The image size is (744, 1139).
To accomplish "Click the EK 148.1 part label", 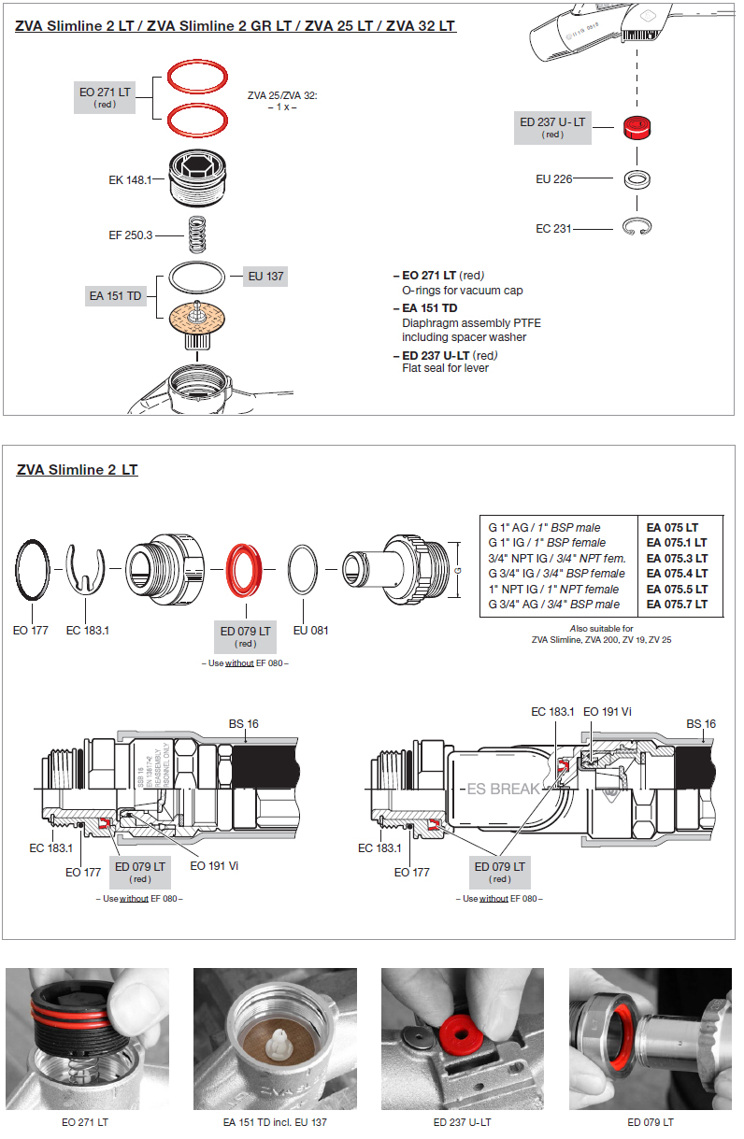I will click(130, 178).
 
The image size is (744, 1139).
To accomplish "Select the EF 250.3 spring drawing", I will click(196, 234).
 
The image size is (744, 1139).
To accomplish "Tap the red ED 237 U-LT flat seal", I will click(637, 128).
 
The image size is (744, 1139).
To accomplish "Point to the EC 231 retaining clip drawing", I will click(639, 227).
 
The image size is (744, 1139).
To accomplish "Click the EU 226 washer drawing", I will click(637, 178).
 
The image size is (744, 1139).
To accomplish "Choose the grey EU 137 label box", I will click(265, 276).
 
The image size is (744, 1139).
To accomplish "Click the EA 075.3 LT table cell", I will click(677, 558).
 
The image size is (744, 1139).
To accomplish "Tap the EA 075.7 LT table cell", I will click(677, 605).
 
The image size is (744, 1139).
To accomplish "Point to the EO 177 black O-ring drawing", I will click(33, 572).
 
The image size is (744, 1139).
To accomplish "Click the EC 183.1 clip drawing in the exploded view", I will click(87, 568).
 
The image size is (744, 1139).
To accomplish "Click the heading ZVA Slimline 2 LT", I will click(77, 470).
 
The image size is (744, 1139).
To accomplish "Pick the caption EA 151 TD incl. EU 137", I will click(275, 1122).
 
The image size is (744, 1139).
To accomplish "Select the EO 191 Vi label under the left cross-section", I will click(214, 866).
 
